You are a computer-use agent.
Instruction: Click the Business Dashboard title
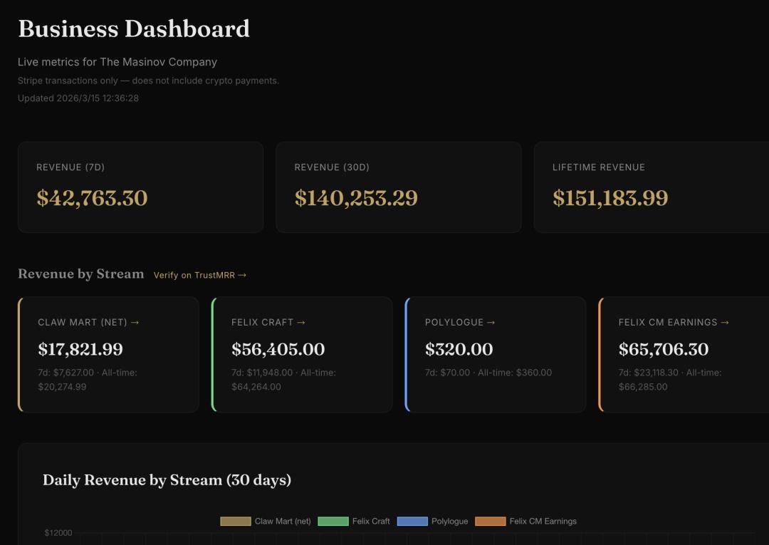134,29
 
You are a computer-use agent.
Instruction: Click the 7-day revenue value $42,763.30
92,198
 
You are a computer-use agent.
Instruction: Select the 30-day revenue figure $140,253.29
356,198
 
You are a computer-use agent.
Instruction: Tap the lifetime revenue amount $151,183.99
610,198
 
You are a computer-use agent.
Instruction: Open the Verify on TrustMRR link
200,275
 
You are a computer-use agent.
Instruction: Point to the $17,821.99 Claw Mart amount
80,349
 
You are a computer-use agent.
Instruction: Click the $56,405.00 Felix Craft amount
278,349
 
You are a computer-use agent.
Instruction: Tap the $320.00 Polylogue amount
459,349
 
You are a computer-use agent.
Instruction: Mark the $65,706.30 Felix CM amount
664,349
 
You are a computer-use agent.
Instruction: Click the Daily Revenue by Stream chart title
167,480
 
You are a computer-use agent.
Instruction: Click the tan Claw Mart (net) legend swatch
236,521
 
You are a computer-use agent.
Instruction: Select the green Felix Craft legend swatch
333,521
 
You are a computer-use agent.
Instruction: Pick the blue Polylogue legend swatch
412,521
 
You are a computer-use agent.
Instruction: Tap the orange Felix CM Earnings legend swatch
490,521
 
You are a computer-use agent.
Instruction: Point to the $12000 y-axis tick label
58,533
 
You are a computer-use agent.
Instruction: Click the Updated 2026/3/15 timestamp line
78,98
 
